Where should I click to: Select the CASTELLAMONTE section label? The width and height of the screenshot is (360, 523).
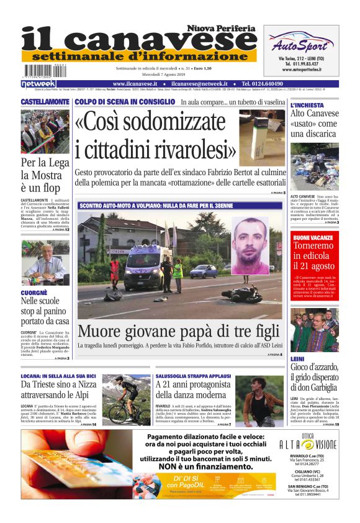[45, 101]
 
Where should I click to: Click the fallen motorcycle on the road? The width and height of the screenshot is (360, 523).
[241, 293]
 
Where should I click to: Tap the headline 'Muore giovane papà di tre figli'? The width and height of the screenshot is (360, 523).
[179, 330]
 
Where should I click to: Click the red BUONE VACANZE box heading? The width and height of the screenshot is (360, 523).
[313, 238]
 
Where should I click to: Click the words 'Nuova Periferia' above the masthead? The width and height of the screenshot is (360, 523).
[222, 29]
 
